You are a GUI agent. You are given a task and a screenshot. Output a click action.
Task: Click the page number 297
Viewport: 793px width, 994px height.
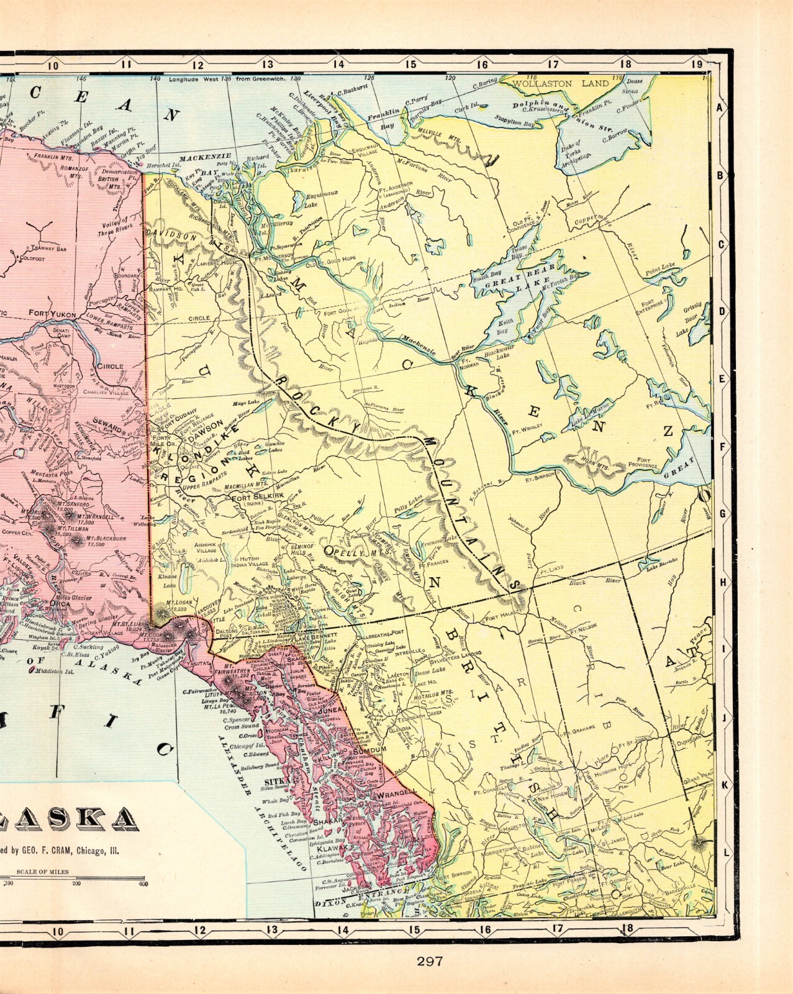tap(429, 961)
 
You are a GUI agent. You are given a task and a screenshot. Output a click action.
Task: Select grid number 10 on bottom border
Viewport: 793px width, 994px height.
tap(58, 931)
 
